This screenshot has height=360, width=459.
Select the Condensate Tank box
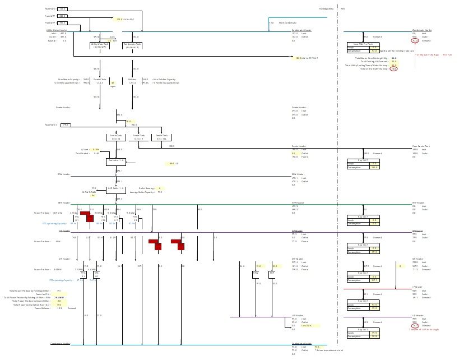[132, 45]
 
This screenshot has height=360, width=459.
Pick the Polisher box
[133, 81]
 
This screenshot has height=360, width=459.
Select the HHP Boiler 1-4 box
[116, 189]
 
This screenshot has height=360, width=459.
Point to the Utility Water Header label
[57, 30]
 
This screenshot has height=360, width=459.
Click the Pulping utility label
[326, 9]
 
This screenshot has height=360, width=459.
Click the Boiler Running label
[146, 188]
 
